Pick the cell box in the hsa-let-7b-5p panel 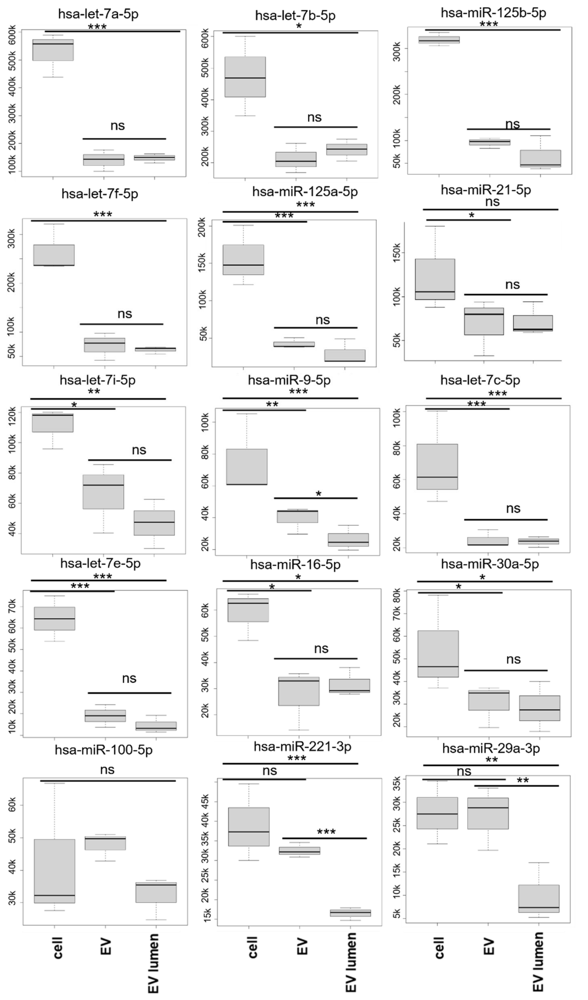(245, 77)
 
